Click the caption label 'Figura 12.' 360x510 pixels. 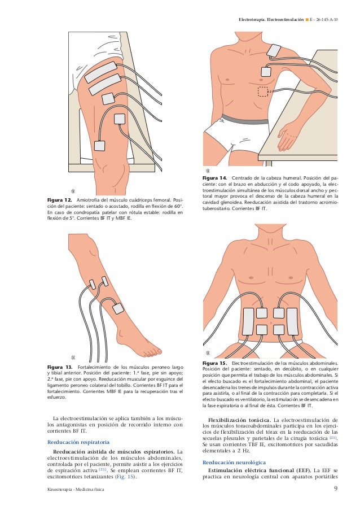tap(59, 201)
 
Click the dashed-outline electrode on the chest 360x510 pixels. tap(264, 91)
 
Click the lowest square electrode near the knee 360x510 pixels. tap(100, 145)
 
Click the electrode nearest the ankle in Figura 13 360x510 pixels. tap(118, 309)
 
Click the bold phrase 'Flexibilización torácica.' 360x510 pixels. tap(239, 420)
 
